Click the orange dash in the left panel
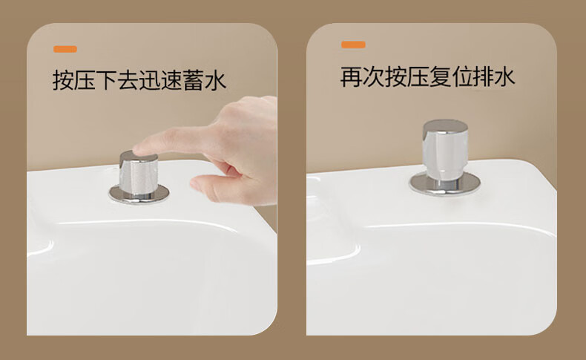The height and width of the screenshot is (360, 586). (65, 49)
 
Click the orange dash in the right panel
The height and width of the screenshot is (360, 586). (353, 45)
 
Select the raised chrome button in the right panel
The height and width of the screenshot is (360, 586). (445, 149)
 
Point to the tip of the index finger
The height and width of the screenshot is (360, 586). (134, 149)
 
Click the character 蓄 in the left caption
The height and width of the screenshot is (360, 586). (194, 80)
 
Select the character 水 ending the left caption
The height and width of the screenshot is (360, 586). (216, 80)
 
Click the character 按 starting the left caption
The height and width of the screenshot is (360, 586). (63, 80)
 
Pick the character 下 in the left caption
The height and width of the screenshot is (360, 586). (107, 80)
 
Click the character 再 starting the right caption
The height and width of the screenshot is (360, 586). (351, 76)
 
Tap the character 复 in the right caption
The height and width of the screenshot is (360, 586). (438, 76)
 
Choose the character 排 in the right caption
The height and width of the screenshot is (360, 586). (482, 76)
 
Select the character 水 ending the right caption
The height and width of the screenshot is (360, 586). (504, 76)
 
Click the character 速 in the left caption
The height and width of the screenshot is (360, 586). (172, 80)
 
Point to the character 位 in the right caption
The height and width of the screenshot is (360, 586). (461, 76)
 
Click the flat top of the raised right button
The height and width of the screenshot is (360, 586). (446, 125)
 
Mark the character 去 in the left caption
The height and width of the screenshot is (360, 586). (128, 80)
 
